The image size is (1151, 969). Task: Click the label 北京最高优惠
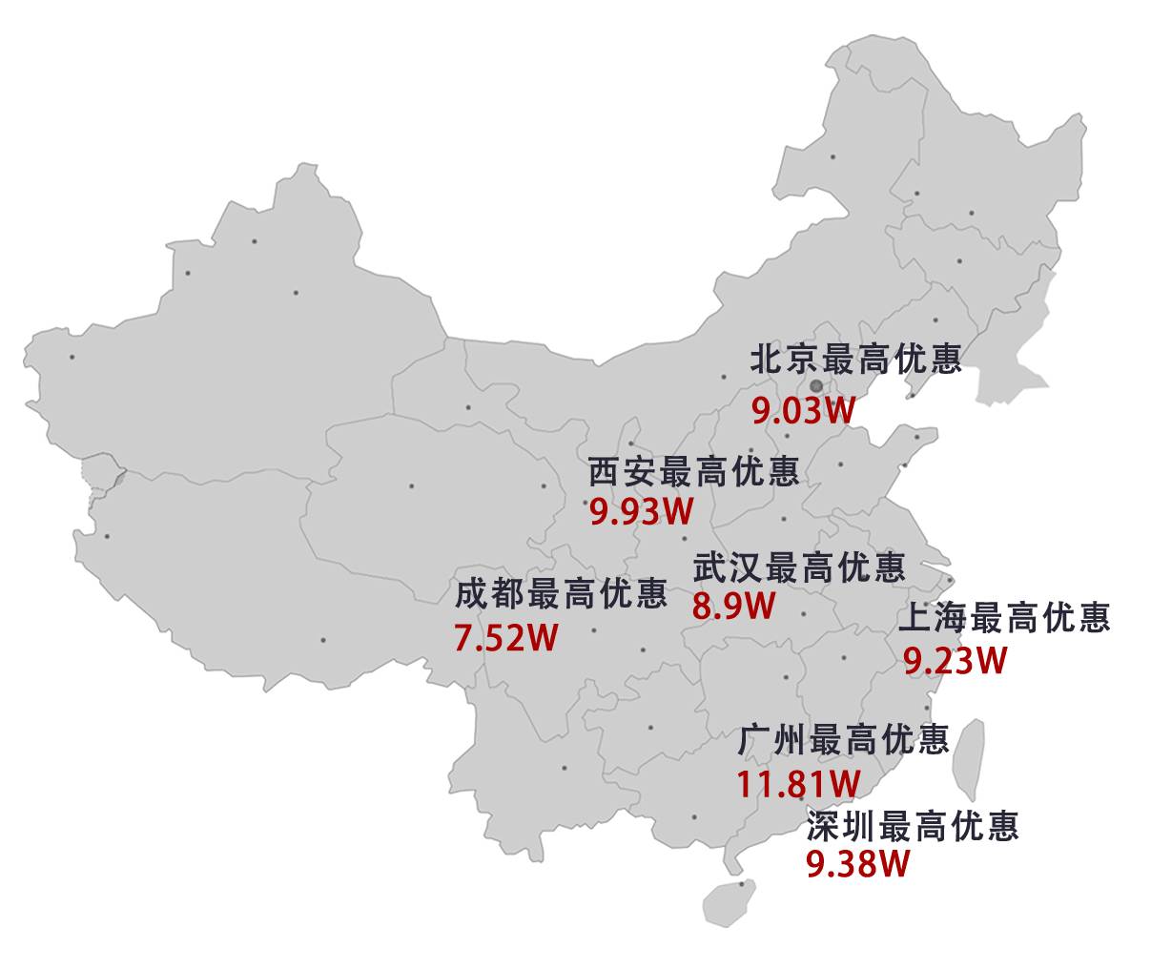point(855,360)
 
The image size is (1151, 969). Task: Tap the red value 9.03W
point(804,411)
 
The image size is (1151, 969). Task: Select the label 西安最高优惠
point(693,472)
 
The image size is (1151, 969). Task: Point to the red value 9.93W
point(641,512)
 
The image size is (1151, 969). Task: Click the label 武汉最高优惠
point(799,568)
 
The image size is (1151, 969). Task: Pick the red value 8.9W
point(734,607)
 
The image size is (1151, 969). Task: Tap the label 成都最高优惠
point(561,595)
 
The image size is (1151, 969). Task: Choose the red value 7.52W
point(505,638)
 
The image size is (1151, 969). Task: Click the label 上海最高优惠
point(1004,618)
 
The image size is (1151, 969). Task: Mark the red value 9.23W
point(955,661)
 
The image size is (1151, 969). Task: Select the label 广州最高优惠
point(844,740)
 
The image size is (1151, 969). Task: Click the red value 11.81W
point(797,784)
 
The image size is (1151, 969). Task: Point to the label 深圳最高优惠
point(913,826)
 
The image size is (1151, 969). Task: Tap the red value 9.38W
point(857,864)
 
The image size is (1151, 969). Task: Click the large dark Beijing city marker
point(816,386)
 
